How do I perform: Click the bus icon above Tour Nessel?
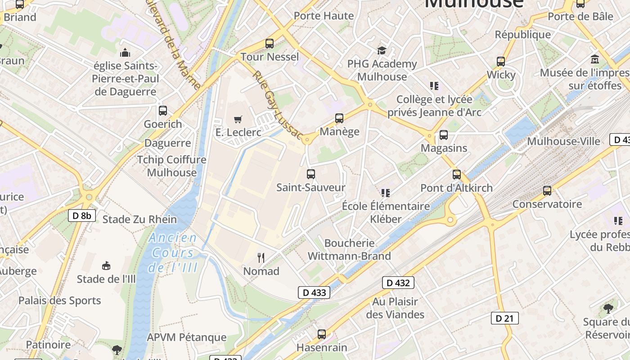point(270,44)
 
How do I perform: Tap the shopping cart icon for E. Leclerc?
point(238,119)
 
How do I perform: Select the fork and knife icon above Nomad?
point(261,257)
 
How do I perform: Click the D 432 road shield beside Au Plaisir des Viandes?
point(398,283)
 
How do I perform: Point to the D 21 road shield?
point(504,318)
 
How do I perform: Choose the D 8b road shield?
point(82,216)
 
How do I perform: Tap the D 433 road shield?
point(314,292)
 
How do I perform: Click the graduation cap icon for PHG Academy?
point(382,50)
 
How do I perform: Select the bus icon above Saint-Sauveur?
point(310,174)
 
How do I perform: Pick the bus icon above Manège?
point(339,118)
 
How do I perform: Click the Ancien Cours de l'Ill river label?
point(173,252)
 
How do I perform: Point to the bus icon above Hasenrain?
point(321,334)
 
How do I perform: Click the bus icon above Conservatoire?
point(547,191)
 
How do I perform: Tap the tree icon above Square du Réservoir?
point(608,308)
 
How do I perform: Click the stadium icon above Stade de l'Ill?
point(106,265)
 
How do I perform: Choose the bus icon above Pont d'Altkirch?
point(457,174)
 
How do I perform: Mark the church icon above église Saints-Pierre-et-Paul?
point(125,52)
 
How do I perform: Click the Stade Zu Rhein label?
point(139,220)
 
